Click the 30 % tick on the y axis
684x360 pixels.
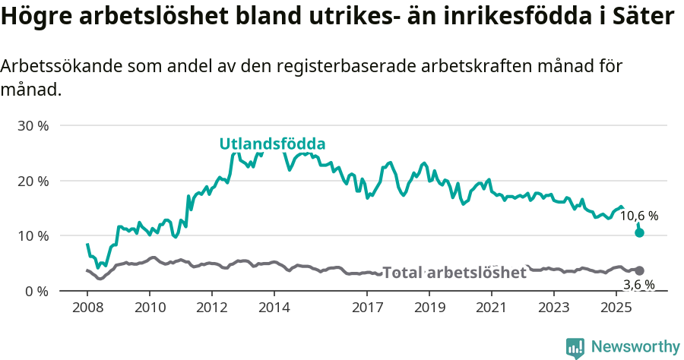pos(33,126)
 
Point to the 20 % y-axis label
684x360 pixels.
pos(33,181)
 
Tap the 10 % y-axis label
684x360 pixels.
pos(33,236)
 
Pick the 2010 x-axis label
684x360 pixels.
pos(149,308)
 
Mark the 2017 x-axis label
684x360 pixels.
pos(367,308)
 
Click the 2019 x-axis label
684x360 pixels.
pos(429,308)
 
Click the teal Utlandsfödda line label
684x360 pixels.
pos(272,144)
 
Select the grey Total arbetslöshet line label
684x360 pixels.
pos(454,273)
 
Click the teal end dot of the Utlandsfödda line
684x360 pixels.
pos(639,232)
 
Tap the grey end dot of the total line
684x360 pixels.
pos(639,271)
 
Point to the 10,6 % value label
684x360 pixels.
pos(639,216)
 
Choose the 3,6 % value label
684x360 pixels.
pos(639,285)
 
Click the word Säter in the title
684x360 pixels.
pos(646,17)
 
